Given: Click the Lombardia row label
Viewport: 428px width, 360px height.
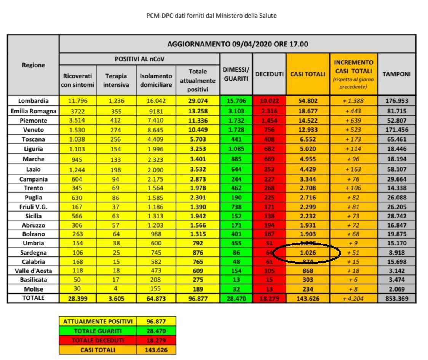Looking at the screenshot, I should (x=34, y=101).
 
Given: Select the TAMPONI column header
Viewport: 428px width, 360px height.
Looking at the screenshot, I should (x=396, y=74).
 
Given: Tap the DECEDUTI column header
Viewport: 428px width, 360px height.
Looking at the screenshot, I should (x=269, y=74).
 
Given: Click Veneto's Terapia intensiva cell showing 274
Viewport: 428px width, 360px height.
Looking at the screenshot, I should (x=115, y=130).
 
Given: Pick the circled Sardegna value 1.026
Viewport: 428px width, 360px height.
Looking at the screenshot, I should (x=307, y=252).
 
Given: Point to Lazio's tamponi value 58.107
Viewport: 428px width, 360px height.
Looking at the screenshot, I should (x=396, y=169).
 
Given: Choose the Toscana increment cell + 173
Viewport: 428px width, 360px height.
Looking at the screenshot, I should (x=353, y=140).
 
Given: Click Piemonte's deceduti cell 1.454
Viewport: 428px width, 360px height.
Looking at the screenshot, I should (x=269, y=121).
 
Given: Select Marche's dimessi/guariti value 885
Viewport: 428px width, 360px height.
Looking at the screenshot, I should (x=236, y=159).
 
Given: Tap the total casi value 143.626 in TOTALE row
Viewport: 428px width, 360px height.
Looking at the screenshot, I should (x=307, y=299).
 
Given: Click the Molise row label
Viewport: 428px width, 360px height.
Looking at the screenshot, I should (x=34, y=289).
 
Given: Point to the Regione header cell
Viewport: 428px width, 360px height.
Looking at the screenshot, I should (x=34, y=65).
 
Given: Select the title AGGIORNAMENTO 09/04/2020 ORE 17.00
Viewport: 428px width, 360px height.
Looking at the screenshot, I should (x=238, y=44).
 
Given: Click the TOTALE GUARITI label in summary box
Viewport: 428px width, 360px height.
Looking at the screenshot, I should (x=97, y=331).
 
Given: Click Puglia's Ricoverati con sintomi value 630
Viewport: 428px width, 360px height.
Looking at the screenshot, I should (x=78, y=198).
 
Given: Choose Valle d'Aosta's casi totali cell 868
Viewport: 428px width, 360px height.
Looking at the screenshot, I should (x=307, y=271).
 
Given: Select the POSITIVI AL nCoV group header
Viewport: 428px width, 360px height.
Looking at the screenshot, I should (x=139, y=59).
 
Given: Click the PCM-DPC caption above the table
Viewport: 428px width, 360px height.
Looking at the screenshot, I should (x=211, y=16).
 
